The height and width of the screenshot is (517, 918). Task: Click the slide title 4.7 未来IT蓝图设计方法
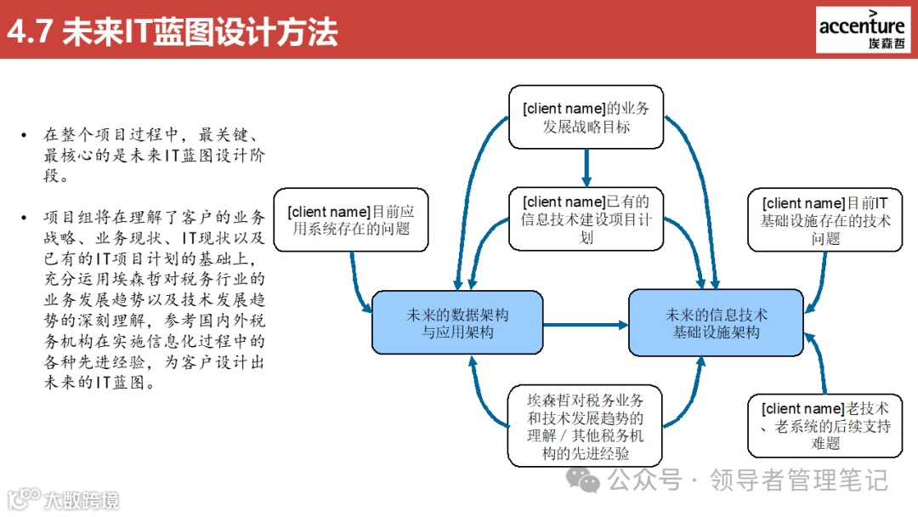173,31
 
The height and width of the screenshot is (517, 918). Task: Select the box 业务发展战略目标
586,117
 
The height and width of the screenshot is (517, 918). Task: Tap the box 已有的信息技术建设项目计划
586,219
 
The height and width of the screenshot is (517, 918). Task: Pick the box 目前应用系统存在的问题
351,219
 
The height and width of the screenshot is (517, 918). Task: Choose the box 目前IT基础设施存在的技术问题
825,220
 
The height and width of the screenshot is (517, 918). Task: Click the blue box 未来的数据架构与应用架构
457,323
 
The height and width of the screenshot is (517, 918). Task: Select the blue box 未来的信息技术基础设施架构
716,323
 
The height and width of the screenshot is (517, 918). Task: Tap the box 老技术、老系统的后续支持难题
825,425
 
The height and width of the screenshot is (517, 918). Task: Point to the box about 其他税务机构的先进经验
586,425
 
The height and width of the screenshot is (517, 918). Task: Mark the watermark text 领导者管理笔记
798,480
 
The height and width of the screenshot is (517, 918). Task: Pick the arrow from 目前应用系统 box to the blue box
355,281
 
